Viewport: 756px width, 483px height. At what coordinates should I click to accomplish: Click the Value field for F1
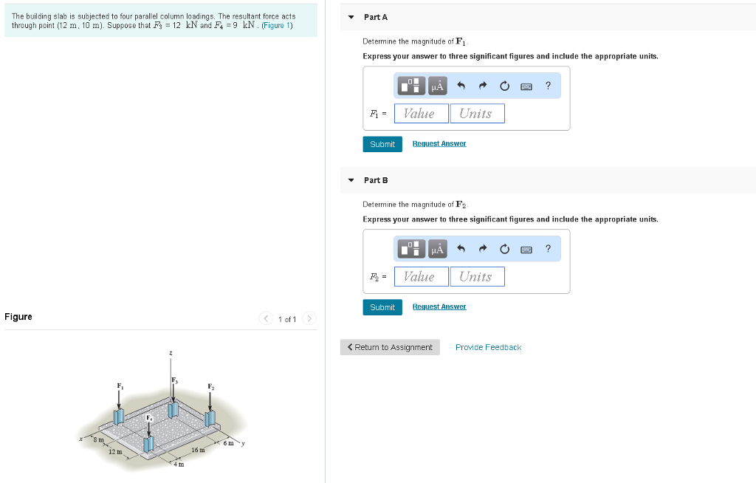click(421, 113)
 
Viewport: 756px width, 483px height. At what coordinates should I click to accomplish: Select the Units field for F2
click(477, 276)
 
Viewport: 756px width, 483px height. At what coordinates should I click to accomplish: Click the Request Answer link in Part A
click(439, 144)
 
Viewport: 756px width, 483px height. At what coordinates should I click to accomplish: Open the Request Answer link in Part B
click(439, 306)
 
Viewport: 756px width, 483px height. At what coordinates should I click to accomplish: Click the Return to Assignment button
click(390, 347)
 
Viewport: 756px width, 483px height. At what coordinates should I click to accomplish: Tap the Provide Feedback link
click(488, 347)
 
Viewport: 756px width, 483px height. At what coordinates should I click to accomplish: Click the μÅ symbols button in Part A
click(437, 86)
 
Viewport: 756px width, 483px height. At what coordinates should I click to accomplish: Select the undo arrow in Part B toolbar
click(461, 250)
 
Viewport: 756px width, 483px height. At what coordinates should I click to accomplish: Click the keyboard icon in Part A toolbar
click(526, 86)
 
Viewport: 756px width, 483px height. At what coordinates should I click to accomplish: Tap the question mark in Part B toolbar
click(548, 249)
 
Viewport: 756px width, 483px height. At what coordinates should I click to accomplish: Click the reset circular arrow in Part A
click(504, 86)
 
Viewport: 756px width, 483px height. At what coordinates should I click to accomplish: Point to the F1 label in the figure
click(120, 386)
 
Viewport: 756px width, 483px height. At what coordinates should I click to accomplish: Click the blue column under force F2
click(210, 418)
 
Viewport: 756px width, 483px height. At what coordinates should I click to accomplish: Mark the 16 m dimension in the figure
click(197, 450)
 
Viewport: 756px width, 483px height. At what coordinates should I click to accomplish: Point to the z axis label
click(171, 354)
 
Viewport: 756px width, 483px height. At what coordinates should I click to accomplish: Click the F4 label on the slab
click(150, 417)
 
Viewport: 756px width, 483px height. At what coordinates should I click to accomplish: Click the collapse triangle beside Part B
click(351, 180)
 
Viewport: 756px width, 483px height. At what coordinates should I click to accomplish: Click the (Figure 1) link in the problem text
click(278, 26)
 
